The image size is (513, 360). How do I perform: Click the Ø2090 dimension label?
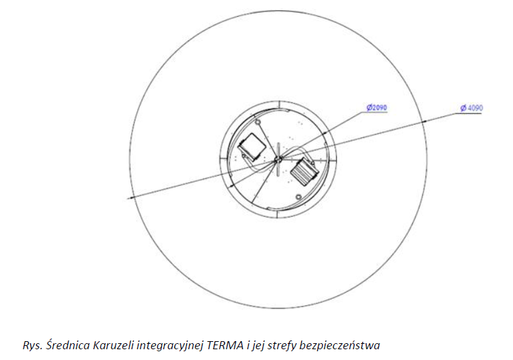pos(377,108)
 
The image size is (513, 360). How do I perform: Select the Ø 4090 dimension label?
pos(471,108)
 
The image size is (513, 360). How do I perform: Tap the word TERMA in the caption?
pos(225,345)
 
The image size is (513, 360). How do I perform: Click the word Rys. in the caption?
pos(33,346)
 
